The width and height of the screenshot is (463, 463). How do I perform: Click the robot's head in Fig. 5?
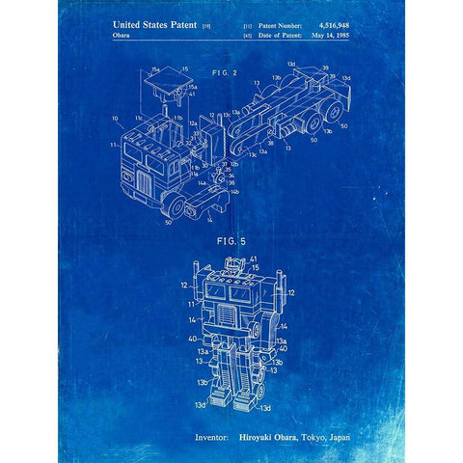pyautogui.click(x=231, y=268)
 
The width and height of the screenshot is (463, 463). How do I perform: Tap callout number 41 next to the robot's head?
pyautogui.click(x=254, y=261)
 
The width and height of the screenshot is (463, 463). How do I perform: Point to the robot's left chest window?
pyautogui.click(x=215, y=289)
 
